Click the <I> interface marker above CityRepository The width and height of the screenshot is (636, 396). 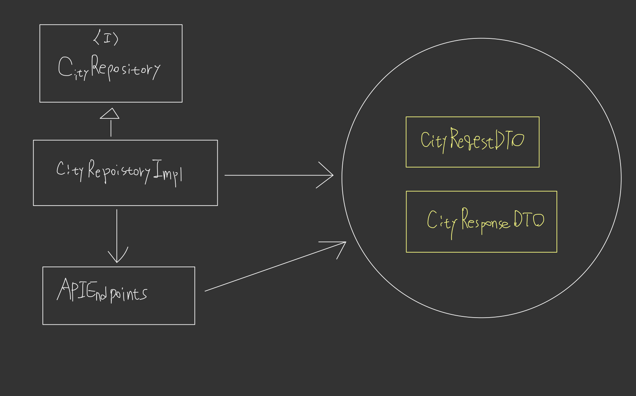(106, 38)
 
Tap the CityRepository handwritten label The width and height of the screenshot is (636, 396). (109, 68)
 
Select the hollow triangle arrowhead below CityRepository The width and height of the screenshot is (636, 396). (110, 114)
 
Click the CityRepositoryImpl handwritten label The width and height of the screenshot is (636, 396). (119, 171)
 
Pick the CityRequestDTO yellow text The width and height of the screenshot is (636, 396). (472, 140)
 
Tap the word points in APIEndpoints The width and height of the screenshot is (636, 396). (129, 294)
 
